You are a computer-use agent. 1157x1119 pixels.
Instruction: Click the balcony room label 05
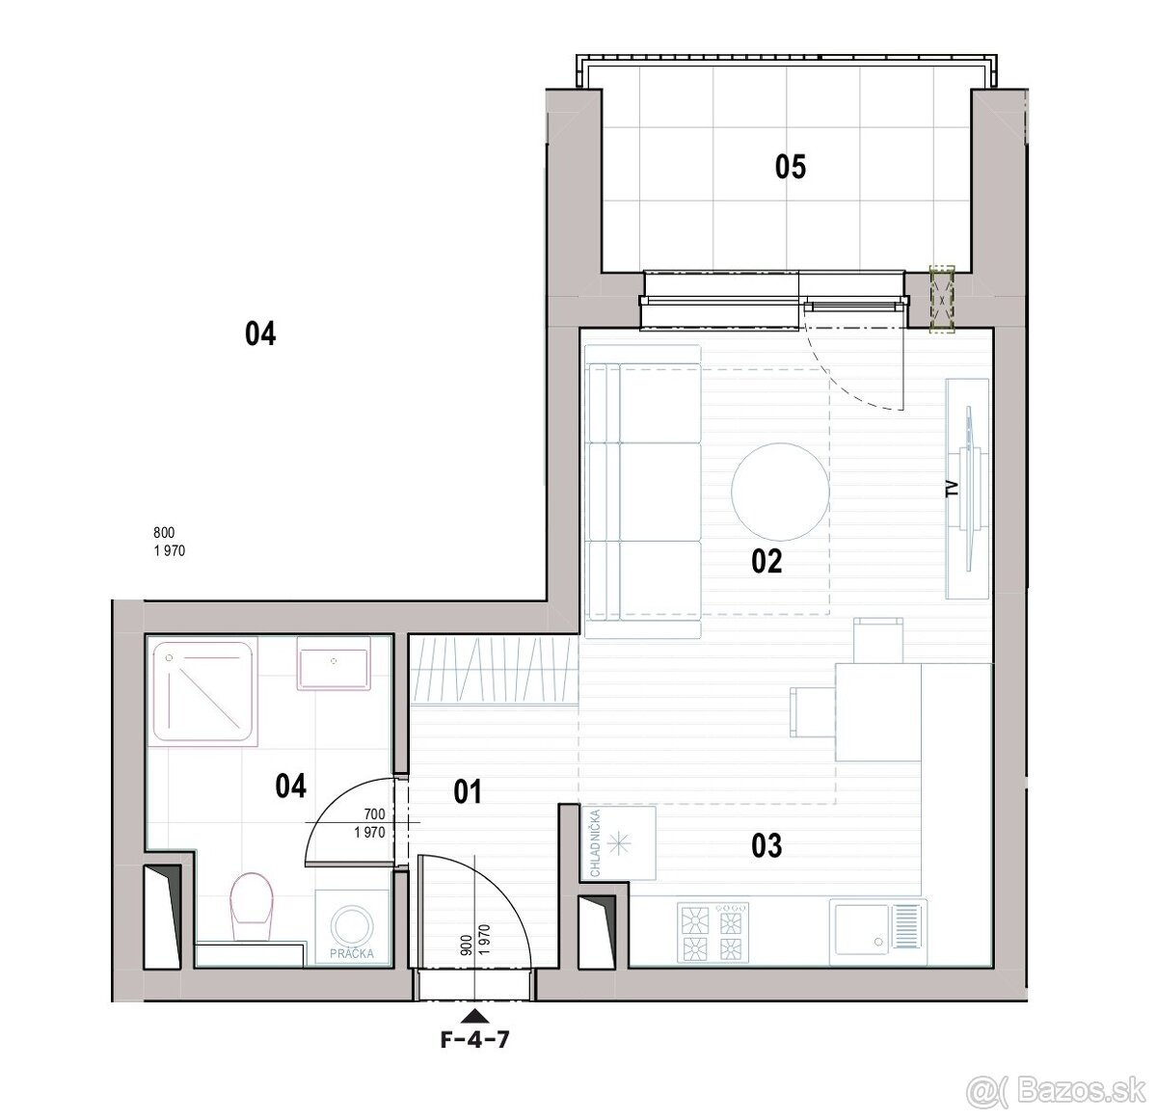(791, 167)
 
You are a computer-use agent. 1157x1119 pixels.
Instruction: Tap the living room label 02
(767, 562)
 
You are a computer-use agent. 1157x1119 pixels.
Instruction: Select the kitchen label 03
(767, 845)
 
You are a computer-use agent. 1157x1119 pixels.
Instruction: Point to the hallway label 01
(468, 792)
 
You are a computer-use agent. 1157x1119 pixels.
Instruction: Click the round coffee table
(780, 492)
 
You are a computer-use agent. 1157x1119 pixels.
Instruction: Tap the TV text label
(953, 489)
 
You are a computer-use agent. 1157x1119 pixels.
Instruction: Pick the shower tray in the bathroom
(204, 691)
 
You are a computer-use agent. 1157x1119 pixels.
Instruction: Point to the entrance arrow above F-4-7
(475, 1015)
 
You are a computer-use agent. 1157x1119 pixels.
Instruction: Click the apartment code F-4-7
(474, 1039)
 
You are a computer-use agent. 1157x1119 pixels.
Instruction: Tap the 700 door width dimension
(374, 813)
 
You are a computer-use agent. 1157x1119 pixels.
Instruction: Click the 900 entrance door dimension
(466, 945)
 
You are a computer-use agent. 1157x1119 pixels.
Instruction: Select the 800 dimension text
(164, 532)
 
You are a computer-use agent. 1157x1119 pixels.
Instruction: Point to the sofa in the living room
(643, 492)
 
